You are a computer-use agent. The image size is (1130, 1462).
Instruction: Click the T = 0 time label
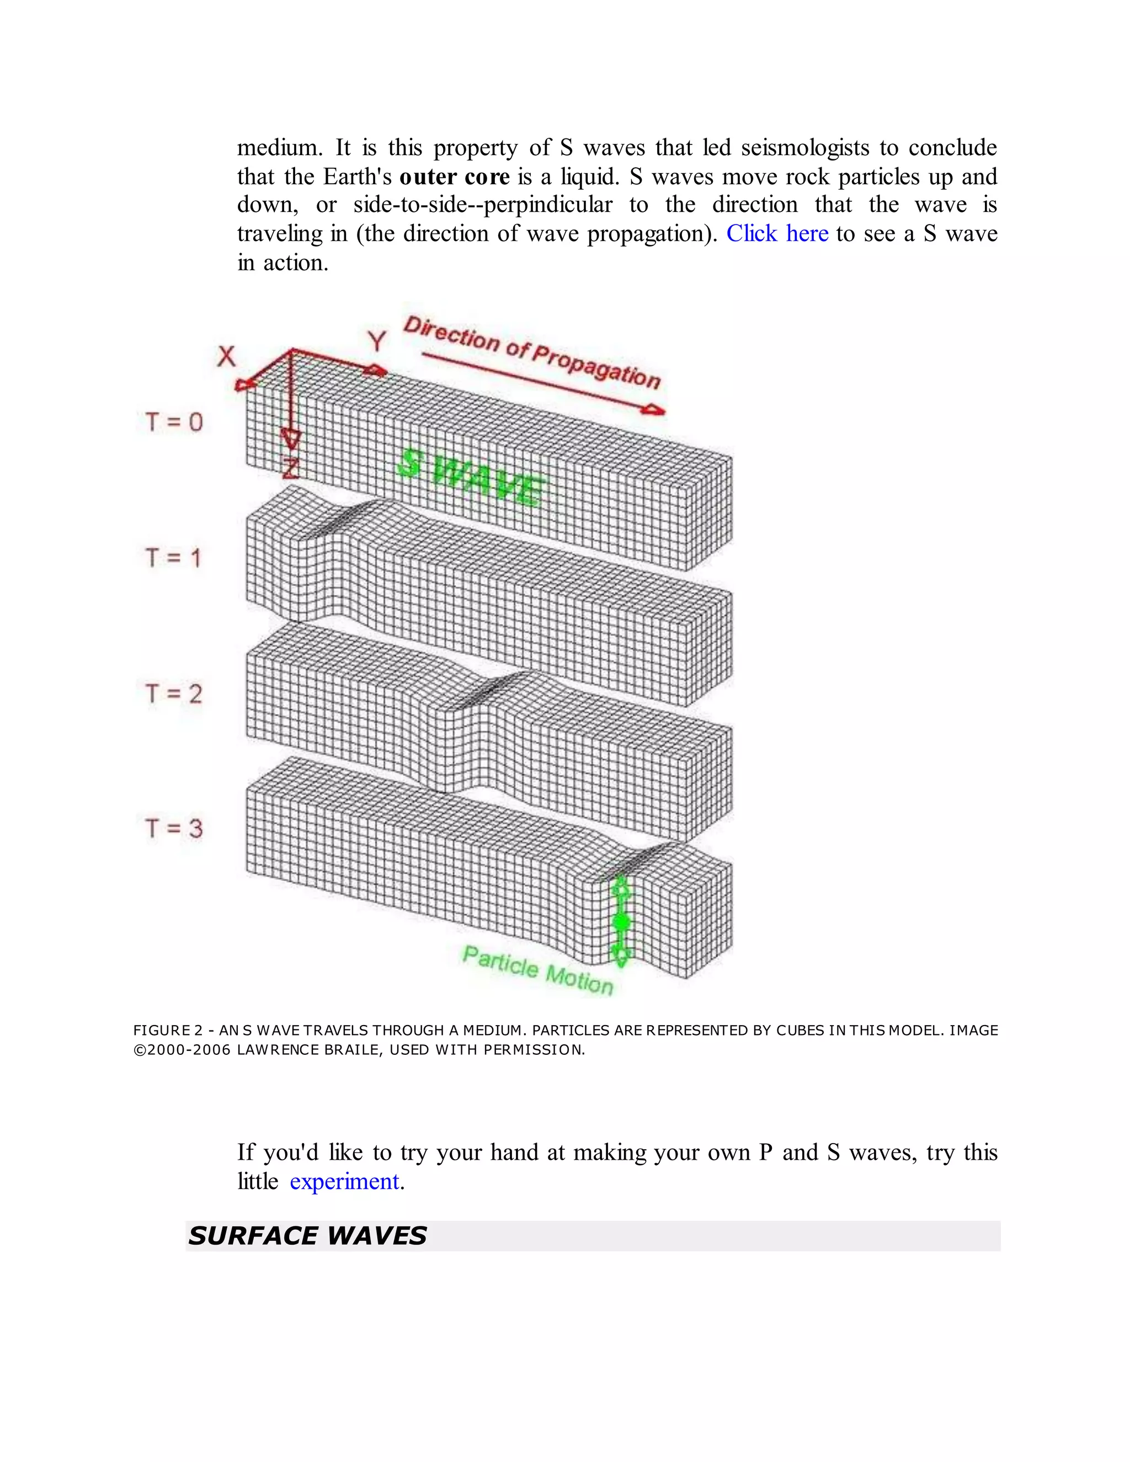pos(174,421)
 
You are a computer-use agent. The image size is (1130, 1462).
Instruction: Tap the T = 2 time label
pos(174,693)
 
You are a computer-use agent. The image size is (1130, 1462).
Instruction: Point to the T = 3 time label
pos(174,828)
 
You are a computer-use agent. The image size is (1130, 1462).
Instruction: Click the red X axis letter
pos(226,356)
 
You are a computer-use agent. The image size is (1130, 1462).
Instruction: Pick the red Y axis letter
pos(377,342)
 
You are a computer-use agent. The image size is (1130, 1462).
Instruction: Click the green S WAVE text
pos(471,478)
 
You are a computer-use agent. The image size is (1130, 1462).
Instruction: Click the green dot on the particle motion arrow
pos(621,922)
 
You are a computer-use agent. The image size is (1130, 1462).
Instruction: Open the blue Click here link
pos(777,233)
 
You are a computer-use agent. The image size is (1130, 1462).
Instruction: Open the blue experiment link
pos(344,1182)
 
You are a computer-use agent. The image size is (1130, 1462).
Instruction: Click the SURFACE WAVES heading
pos(307,1236)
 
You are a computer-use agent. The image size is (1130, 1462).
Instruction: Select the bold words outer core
pos(455,177)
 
